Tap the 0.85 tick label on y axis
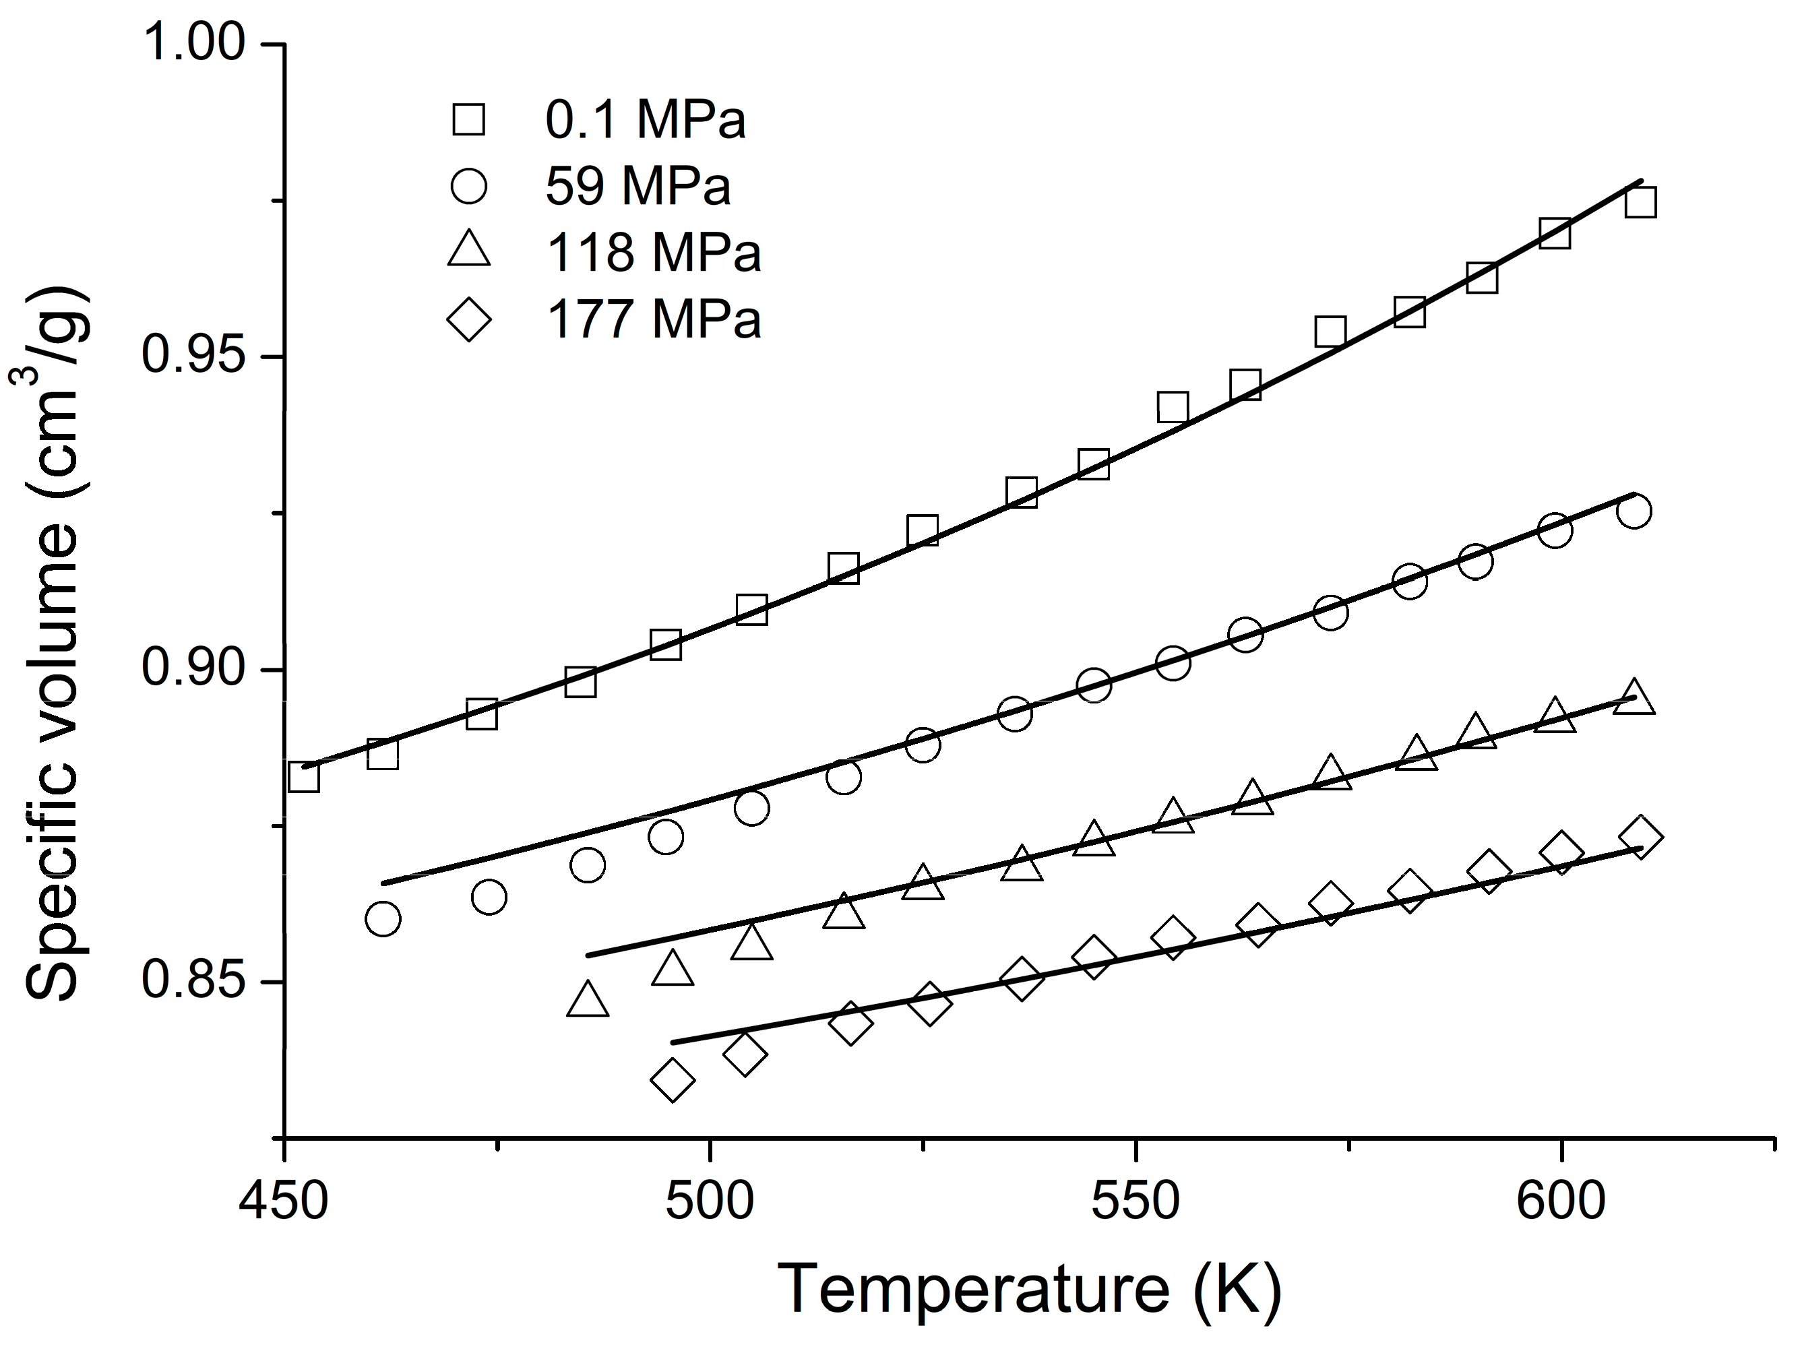coord(193,980)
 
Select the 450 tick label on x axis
coord(283,1202)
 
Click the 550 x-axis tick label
coord(1136,1202)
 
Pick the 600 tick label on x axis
coord(1560,1202)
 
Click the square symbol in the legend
coord(469,120)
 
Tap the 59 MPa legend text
coord(637,187)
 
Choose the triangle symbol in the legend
coord(469,249)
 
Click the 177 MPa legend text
coord(653,319)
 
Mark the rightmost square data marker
coord(1640,202)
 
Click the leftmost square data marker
coord(303,777)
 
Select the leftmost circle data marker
coord(383,919)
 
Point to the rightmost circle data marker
coord(1633,511)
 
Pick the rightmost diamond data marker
coord(1640,838)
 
